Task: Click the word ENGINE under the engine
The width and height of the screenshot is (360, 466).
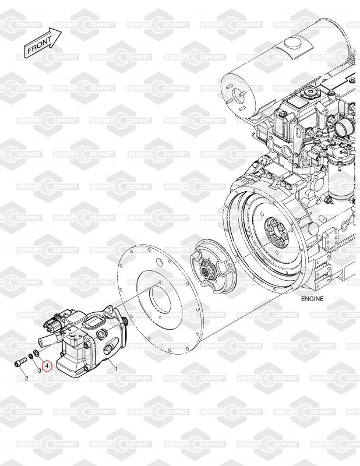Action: pos(312,299)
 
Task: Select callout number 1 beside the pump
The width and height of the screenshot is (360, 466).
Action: pos(117,369)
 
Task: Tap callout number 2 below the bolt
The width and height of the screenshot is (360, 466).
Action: pos(26,378)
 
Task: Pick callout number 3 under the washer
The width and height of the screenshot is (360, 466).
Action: pos(39,370)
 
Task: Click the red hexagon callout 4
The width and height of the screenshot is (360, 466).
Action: pos(47,366)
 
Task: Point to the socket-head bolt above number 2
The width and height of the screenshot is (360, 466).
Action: pos(20,362)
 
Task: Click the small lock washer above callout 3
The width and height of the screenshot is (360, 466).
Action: pos(31,356)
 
